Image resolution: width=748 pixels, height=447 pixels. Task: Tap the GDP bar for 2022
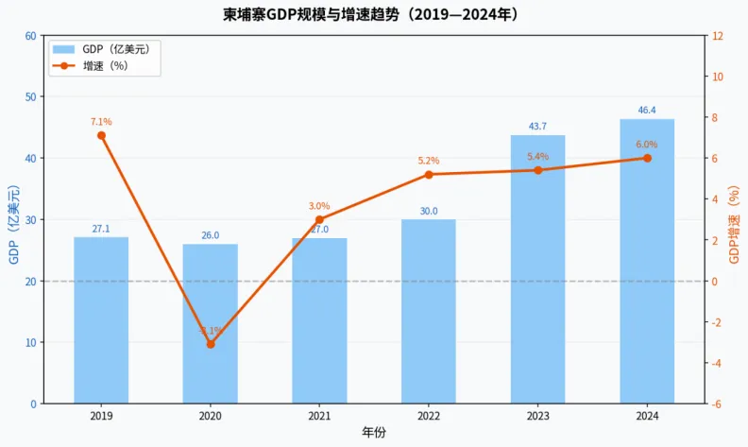pos(428,311)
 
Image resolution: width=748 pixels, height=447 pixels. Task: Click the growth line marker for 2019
pos(101,135)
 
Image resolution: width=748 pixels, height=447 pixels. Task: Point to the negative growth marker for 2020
pos(210,344)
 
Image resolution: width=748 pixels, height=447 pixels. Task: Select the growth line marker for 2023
pos(537,170)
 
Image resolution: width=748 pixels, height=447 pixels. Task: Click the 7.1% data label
pos(101,122)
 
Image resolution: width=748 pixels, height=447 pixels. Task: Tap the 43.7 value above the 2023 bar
pos(537,127)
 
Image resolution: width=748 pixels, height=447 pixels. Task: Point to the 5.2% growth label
pos(428,161)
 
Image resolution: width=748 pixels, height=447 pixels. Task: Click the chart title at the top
pos(375,15)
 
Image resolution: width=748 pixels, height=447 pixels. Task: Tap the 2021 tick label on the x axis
pos(319,416)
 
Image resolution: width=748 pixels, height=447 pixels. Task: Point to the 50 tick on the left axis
pos(31,97)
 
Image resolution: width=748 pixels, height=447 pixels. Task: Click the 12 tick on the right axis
pos(717,36)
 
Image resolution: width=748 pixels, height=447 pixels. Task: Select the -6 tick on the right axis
pos(718,404)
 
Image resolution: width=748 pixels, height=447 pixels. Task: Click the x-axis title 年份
pos(374,432)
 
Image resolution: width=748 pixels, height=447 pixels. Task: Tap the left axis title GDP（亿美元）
pos(14,220)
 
